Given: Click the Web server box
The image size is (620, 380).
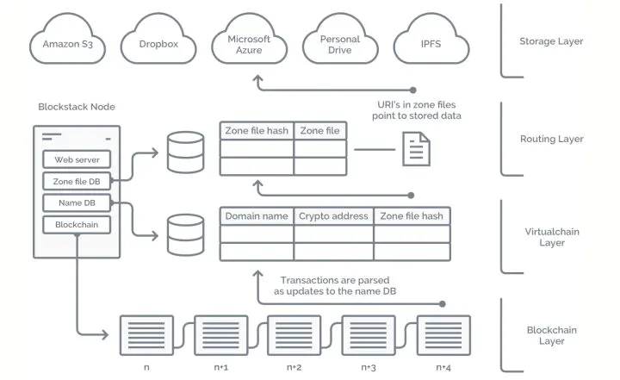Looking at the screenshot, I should pyautogui.click(x=77, y=159).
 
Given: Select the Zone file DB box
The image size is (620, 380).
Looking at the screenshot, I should pyautogui.click(x=77, y=181).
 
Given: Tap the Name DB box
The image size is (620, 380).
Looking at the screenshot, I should pyautogui.click(x=77, y=202).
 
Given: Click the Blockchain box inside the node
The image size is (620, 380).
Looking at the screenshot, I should pyautogui.click(x=77, y=224).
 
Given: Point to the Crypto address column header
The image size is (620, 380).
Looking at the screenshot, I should pyautogui.click(x=333, y=216).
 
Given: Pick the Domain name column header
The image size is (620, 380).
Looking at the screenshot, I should pyautogui.click(x=256, y=216).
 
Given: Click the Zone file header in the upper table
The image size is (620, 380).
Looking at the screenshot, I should pyautogui.click(x=319, y=131).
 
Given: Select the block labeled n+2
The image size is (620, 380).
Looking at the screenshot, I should pyautogui.click(x=294, y=333).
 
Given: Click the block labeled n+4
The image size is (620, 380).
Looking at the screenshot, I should pyautogui.click(x=443, y=333).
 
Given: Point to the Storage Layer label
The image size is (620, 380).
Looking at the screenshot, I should pyautogui.click(x=551, y=41).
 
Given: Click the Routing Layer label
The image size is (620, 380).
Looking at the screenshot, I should pyautogui.click(x=551, y=139).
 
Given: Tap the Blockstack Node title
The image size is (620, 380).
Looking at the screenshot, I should pyautogui.click(x=77, y=107).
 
